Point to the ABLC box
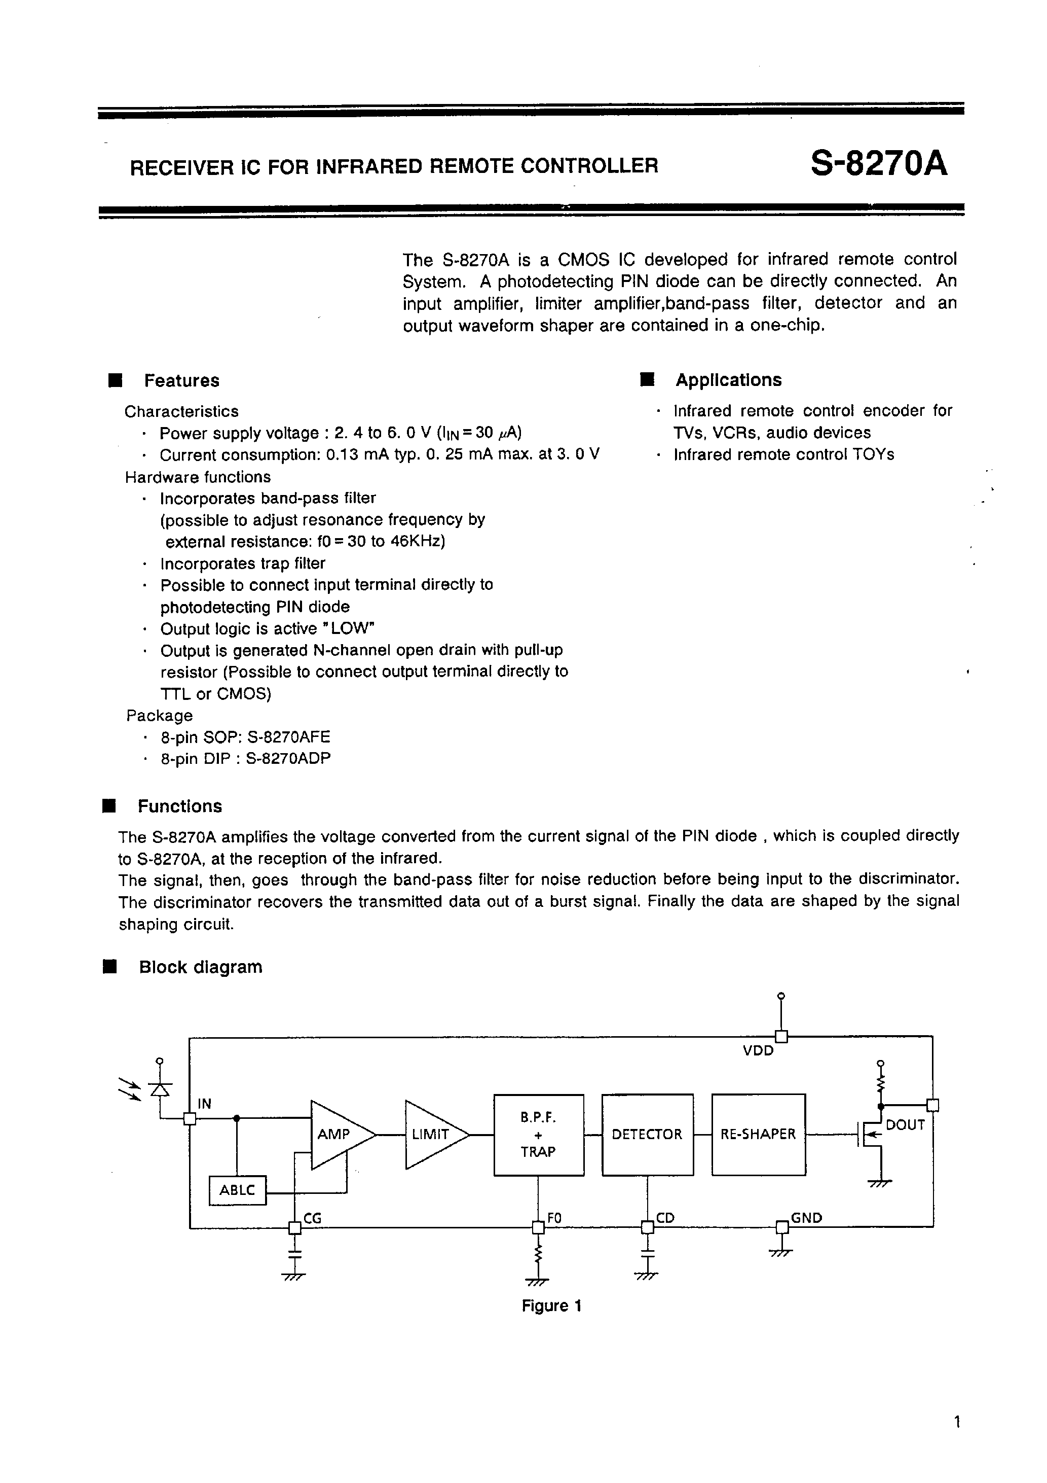pyautogui.click(x=238, y=1190)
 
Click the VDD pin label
pyautogui.click(x=758, y=1050)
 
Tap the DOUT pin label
pyautogui.click(x=905, y=1124)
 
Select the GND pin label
pyautogui.click(x=806, y=1218)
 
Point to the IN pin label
pyautogui.click(x=204, y=1104)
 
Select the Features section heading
pyautogui.click(x=181, y=380)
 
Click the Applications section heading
pyautogui.click(x=728, y=380)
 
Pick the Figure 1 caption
pyautogui.click(x=551, y=1306)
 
